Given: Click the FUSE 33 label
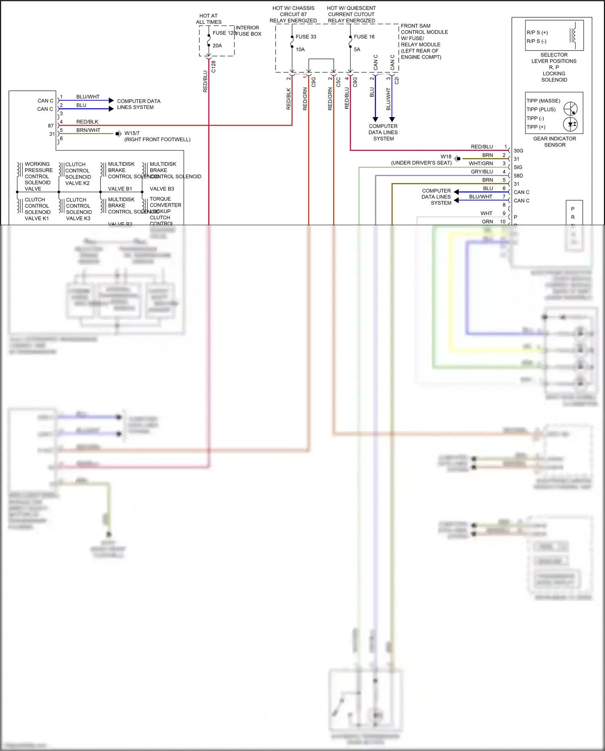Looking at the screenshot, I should point(306,37).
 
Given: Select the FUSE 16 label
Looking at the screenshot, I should point(364,37).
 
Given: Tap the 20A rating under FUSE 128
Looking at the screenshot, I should point(217,46).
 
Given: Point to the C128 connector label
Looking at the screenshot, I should point(214,67).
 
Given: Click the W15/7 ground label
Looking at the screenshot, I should point(132,133).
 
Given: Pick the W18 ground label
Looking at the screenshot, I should point(446,157).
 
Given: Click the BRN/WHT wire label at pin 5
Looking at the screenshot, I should point(88,130).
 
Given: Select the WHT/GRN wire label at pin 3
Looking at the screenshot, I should point(481,163).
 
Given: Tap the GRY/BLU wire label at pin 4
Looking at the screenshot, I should point(482,172).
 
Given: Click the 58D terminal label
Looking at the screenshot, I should point(518,176).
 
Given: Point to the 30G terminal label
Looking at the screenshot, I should point(518,151).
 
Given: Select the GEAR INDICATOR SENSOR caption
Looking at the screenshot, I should point(555,142).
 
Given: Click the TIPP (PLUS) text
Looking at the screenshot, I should point(541,109).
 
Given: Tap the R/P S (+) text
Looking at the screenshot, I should point(537,32).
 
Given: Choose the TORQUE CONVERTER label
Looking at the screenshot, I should point(165,202).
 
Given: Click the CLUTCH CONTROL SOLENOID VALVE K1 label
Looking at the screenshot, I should point(37,209).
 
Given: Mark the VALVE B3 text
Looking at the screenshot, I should point(162,189).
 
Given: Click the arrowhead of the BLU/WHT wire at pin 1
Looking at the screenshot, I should point(111,100).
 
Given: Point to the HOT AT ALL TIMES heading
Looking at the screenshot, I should point(209,19).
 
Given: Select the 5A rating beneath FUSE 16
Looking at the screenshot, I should point(357,50).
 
